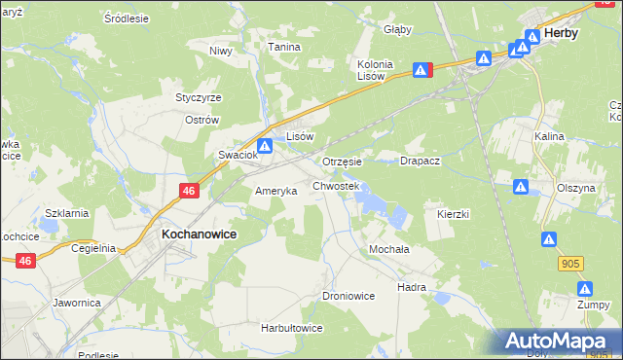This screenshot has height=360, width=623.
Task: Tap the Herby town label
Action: pyautogui.click(x=562, y=32)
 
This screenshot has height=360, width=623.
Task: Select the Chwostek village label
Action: pyautogui.click(x=336, y=186)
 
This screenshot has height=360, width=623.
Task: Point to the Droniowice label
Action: pyautogui.click(x=348, y=295)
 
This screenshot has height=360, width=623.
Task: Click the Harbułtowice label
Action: pyautogui.click(x=291, y=328)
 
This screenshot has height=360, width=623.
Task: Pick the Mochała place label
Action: pyautogui.click(x=388, y=249)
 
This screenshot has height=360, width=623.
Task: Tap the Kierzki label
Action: pyautogui.click(x=454, y=213)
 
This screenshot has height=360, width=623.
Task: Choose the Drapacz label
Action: pyautogui.click(x=421, y=162)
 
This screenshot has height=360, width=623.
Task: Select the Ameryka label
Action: pyautogui.click(x=275, y=192)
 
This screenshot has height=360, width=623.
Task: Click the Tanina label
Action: pyautogui.click(x=284, y=47)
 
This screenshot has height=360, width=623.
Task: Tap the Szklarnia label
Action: pyautogui.click(x=67, y=213)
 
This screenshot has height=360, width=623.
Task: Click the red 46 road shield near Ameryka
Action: pyautogui.click(x=189, y=192)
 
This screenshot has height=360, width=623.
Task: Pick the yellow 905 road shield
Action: pyautogui.click(x=571, y=263)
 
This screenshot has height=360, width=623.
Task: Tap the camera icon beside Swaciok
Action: pyautogui.click(x=264, y=145)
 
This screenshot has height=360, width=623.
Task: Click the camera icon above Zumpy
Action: pyautogui.click(x=585, y=289)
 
